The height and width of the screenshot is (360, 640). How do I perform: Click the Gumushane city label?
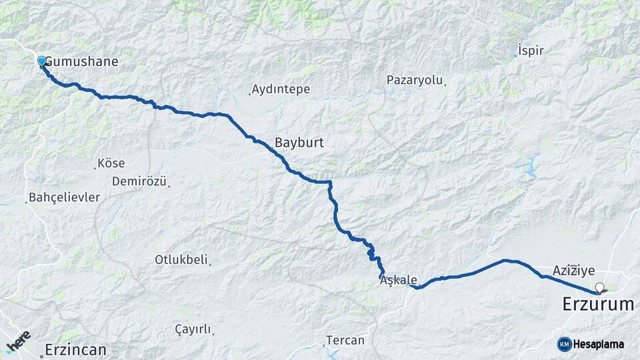click(82, 62)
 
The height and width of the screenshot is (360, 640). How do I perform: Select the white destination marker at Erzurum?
click(599, 289)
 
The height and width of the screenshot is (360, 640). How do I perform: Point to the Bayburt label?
click(299, 142)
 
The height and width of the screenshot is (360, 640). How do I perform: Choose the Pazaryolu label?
click(415, 80)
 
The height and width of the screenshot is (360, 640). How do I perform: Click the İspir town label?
click(531, 51)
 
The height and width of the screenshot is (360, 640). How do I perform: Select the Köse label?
click(111, 163)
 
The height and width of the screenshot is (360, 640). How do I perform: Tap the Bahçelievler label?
click(64, 198)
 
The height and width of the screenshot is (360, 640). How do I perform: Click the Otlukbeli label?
click(181, 259)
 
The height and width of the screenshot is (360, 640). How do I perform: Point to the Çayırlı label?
click(193, 329)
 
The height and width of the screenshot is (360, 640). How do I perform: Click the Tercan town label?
click(345, 341)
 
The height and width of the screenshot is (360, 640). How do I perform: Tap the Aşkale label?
click(398, 281)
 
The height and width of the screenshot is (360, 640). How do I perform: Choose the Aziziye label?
click(573, 271)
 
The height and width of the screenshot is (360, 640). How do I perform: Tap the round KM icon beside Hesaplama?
click(564, 344)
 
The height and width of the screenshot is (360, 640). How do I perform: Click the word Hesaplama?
click(599, 344)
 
